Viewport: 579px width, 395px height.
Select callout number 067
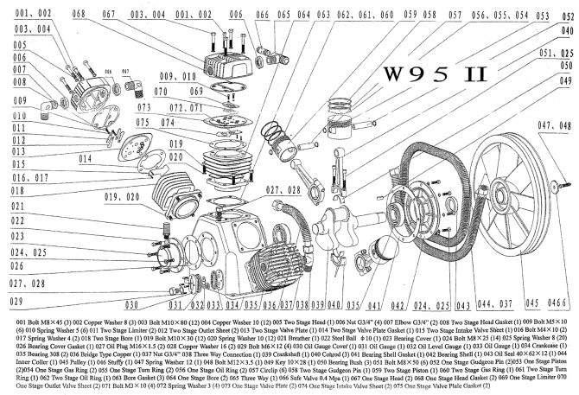[x=109, y=16]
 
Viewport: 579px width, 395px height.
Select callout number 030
[x=131, y=305]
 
